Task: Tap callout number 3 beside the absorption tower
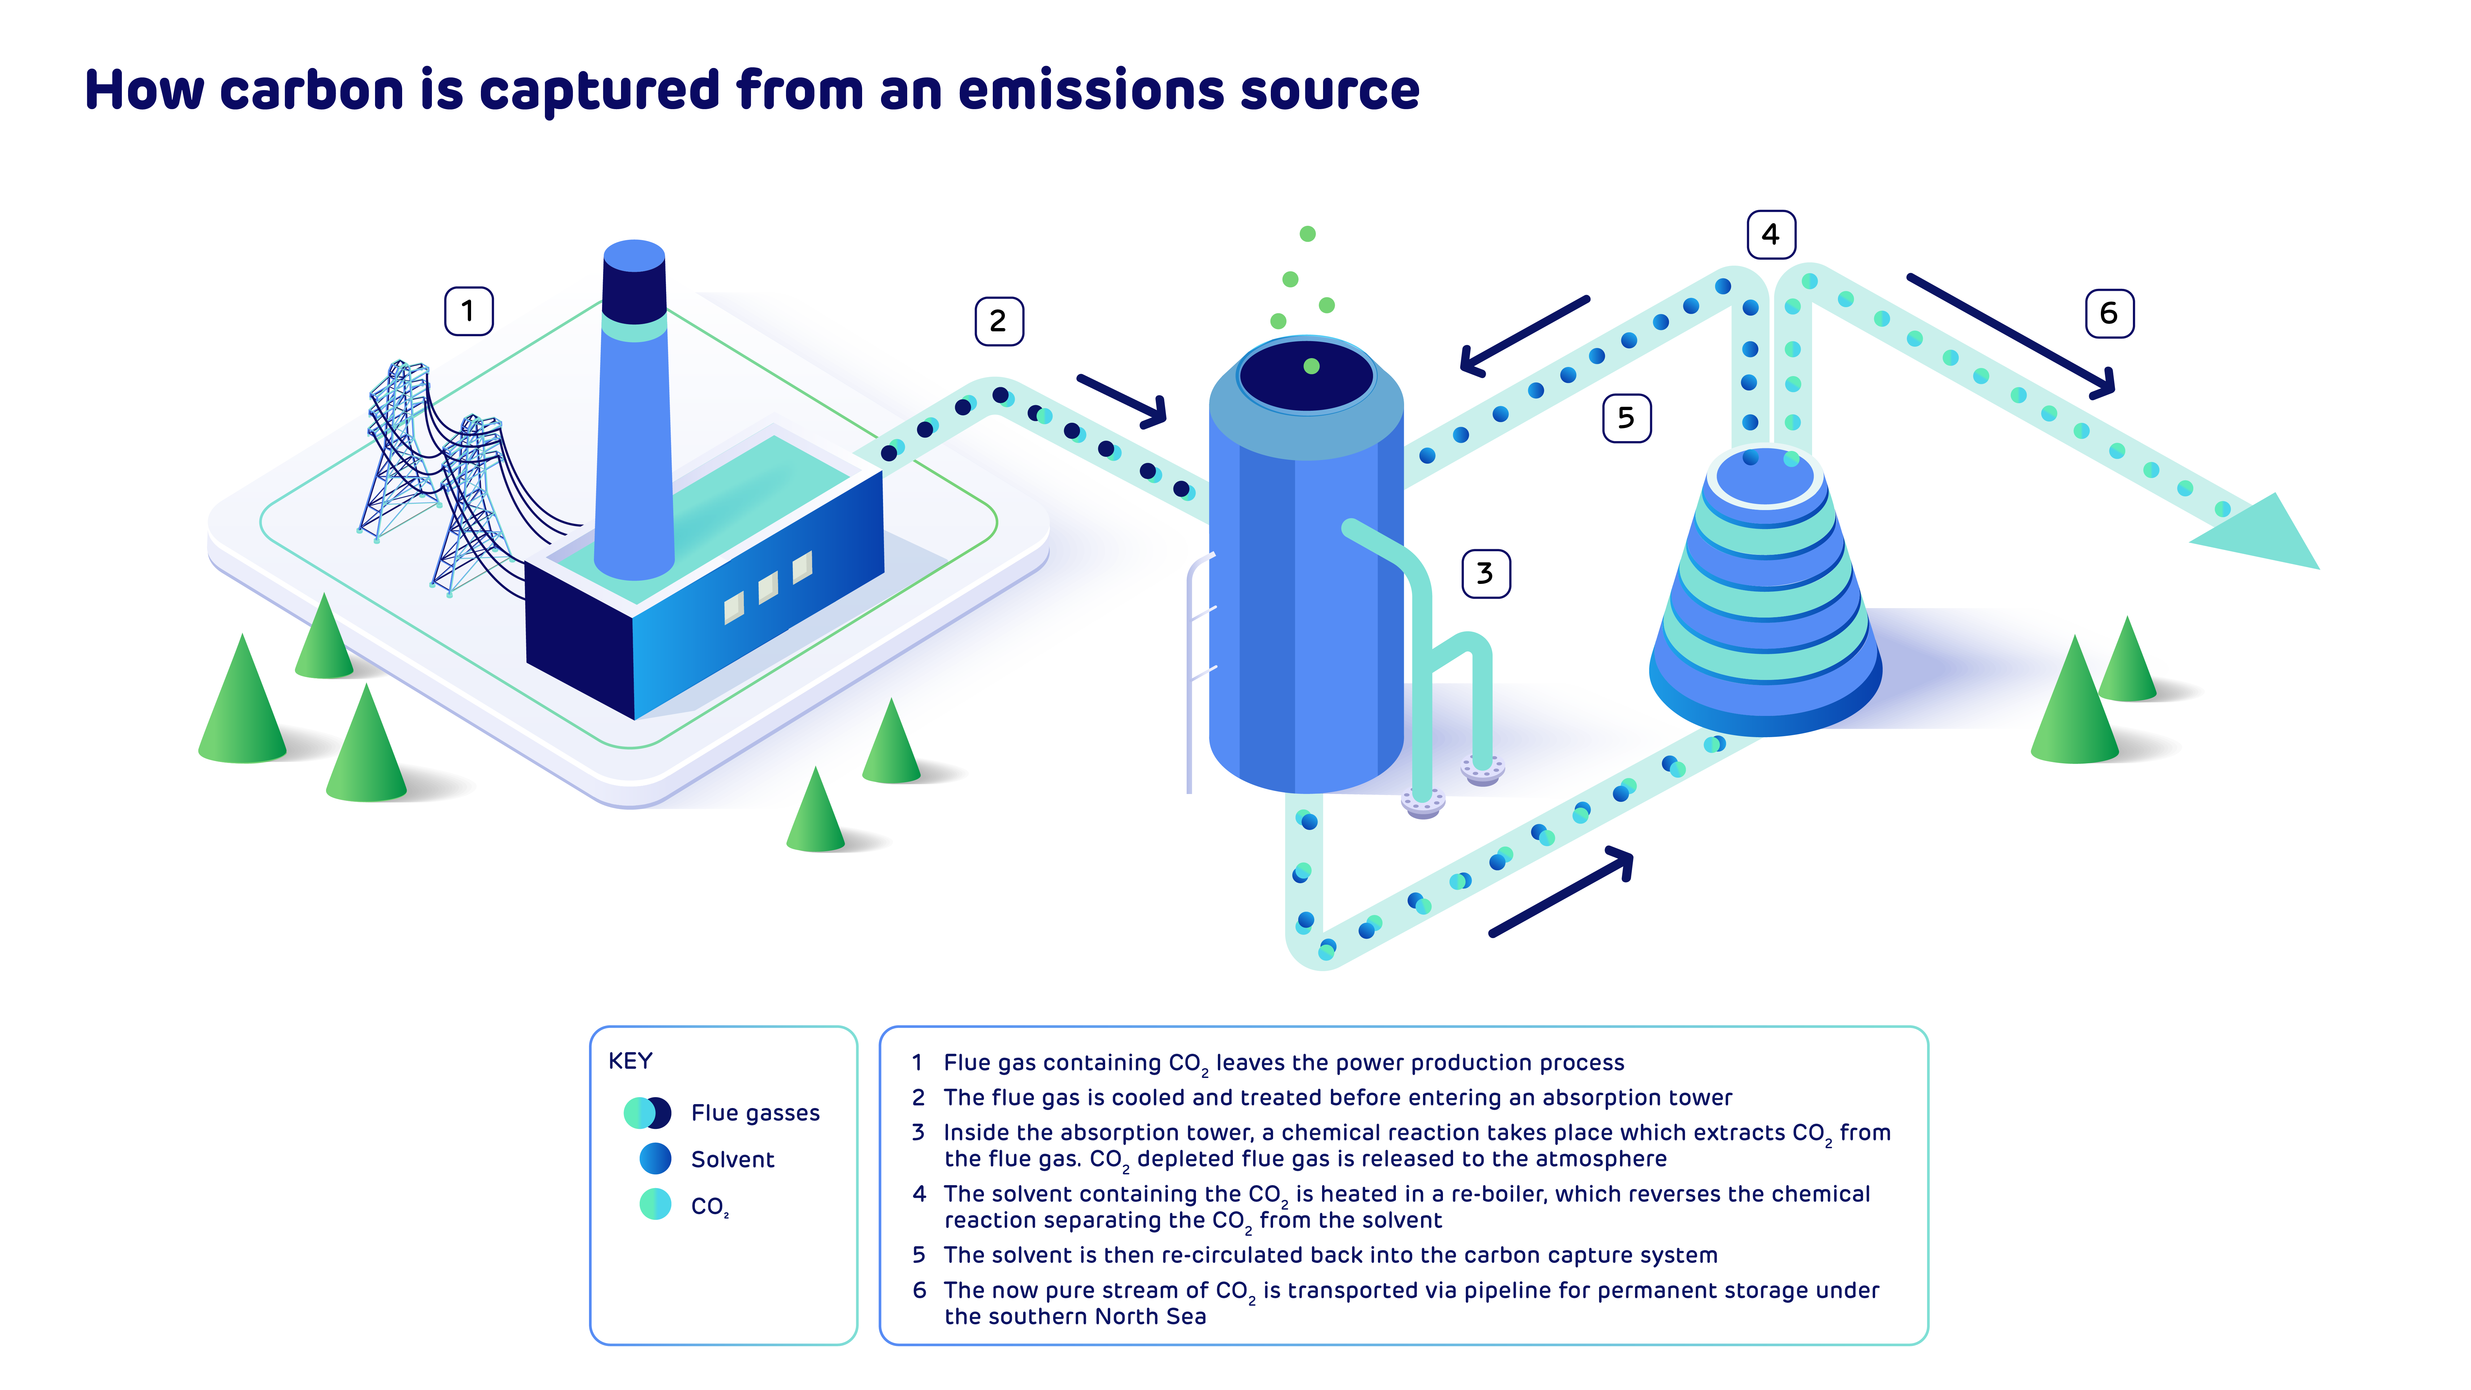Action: click(x=1485, y=574)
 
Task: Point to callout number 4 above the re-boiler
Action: click(x=1770, y=234)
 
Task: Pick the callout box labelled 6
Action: click(x=2108, y=313)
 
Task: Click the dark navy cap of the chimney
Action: click(x=634, y=283)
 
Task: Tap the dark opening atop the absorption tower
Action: click(x=1306, y=374)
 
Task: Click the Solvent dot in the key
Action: click(x=655, y=1159)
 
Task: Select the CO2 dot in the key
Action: click(x=655, y=1204)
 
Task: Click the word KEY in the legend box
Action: click(x=630, y=1061)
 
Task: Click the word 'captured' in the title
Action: click(x=598, y=91)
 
